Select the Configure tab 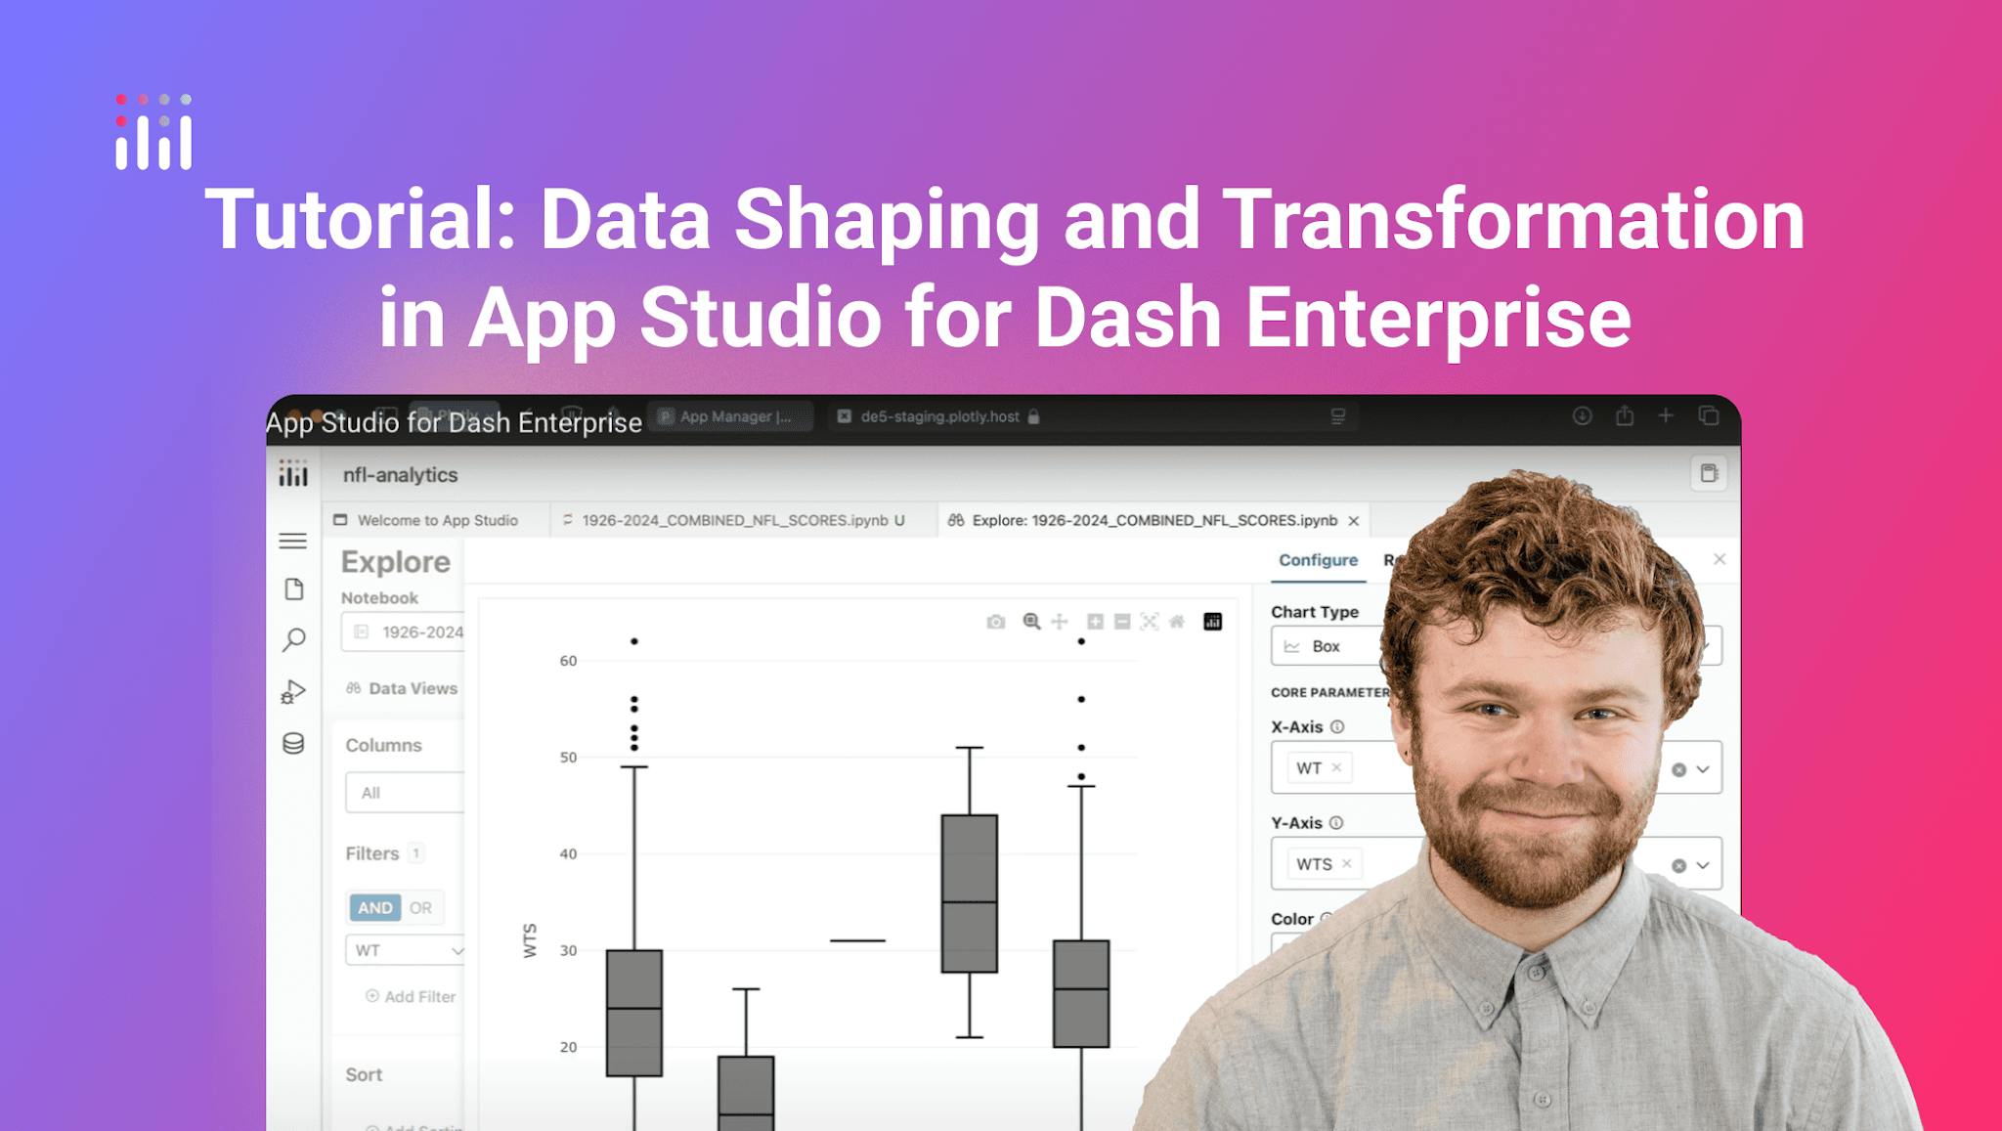point(1318,560)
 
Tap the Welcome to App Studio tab point(436,520)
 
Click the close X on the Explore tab point(1354,521)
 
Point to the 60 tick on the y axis point(568,661)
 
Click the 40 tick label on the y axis point(568,853)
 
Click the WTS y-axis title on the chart point(531,939)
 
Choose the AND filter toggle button point(374,907)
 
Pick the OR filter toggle point(420,907)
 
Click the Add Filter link point(411,996)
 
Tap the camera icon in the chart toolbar point(995,622)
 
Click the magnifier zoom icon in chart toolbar point(1031,622)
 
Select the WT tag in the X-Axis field point(1309,768)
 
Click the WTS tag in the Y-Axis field point(1314,864)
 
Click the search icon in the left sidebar point(293,640)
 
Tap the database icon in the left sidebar point(293,744)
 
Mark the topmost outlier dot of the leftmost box point(634,641)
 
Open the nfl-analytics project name point(400,475)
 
